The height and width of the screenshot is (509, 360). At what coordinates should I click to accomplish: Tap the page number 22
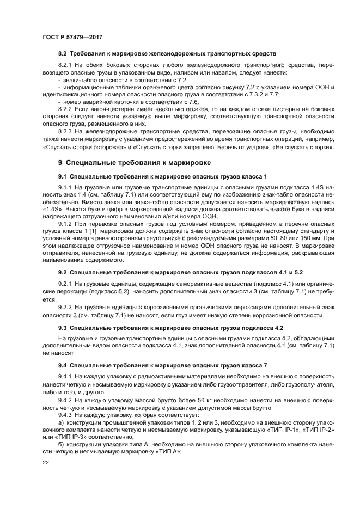pyautogui.click(x=46, y=462)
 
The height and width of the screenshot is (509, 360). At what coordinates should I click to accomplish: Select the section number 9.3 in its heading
pyautogui.click(x=63, y=328)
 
